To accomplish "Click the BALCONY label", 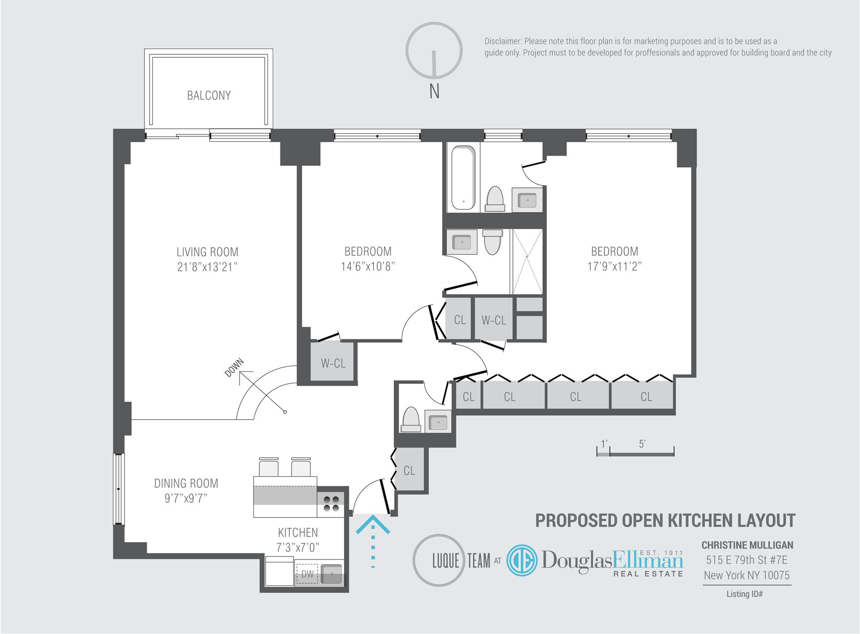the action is point(209,96).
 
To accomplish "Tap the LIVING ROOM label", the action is point(207,252).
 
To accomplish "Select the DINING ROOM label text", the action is point(186,483).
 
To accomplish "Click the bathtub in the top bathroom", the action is point(463,178).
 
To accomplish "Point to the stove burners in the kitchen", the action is point(331,504).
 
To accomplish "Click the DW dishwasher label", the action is point(307,574).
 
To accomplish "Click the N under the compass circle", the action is point(434,92).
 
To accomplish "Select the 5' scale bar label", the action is point(642,444).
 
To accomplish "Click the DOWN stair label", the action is point(234,367).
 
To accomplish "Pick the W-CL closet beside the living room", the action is point(333,363).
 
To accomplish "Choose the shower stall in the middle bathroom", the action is point(527,261).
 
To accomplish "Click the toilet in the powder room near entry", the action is point(411,419).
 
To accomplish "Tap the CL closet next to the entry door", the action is point(409,470).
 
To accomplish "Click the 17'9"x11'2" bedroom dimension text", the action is point(615,266).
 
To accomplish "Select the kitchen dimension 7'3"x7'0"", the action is point(298,547).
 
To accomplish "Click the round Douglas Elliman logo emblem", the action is point(522,560).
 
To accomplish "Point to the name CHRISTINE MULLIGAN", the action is point(747,545).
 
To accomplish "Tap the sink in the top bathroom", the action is point(528,200).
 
